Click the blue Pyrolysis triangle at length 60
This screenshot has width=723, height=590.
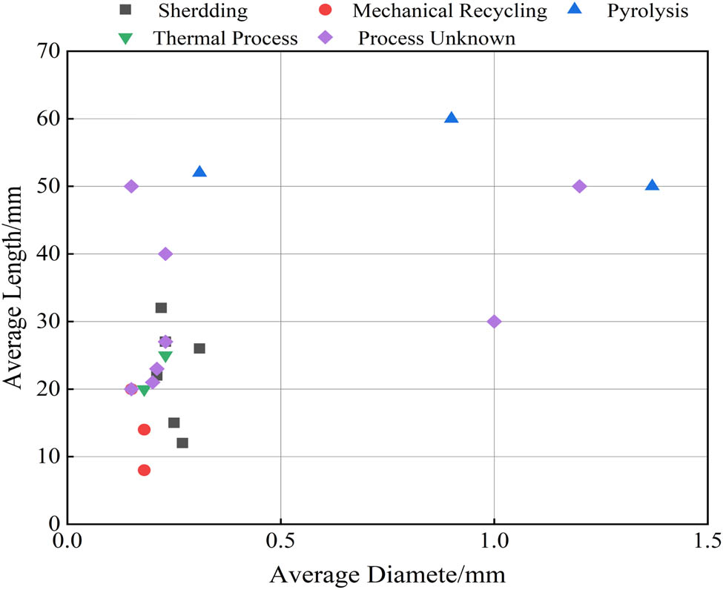click(x=451, y=118)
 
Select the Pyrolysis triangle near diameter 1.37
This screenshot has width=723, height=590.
click(x=652, y=185)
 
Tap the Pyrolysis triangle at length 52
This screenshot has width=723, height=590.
click(x=199, y=172)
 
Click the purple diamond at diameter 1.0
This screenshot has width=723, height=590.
click(x=494, y=321)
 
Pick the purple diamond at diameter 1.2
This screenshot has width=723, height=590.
click(x=579, y=186)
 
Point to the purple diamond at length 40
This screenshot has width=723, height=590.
click(x=165, y=253)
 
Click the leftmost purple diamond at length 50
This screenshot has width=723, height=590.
click(x=131, y=186)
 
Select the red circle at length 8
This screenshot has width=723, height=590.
click(x=144, y=470)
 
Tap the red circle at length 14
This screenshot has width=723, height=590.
click(x=144, y=429)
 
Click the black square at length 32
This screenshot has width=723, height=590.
click(x=161, y=308)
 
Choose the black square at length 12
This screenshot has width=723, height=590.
click(x=182, y=442)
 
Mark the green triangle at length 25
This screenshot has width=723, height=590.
click(x=165, y=357)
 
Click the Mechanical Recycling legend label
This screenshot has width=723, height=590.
click(x=449, y=11)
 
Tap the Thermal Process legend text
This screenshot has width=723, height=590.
click(x=225, y=39)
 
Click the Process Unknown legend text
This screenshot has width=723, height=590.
click(x=436, y=39)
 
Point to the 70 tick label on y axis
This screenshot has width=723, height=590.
click(x=47, y=51)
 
